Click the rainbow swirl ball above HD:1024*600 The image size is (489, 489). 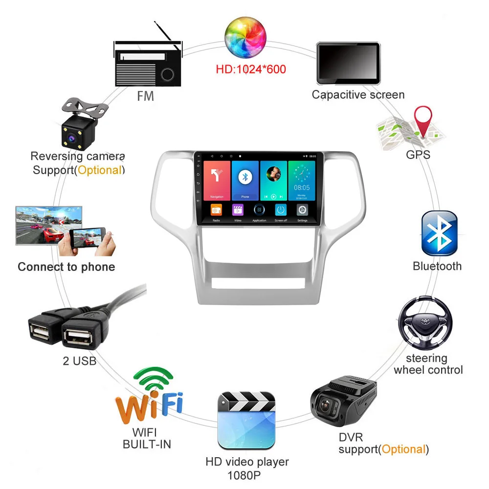[245, 37]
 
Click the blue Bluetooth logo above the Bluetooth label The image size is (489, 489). [439, 233]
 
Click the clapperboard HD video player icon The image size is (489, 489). [246, 420]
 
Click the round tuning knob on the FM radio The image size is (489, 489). [167, 74]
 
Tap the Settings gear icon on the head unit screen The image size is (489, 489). [302, 210]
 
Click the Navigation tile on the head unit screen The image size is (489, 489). [217, 180]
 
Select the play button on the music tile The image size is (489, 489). [273, 196]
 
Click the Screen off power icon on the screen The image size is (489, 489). [281, 210]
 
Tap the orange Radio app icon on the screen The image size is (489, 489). [216, 210]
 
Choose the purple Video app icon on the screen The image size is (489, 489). [238, 210]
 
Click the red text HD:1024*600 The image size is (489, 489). [251, 69]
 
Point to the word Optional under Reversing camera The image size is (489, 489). [99, 170]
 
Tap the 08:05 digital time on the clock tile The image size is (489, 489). [302, 187]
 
